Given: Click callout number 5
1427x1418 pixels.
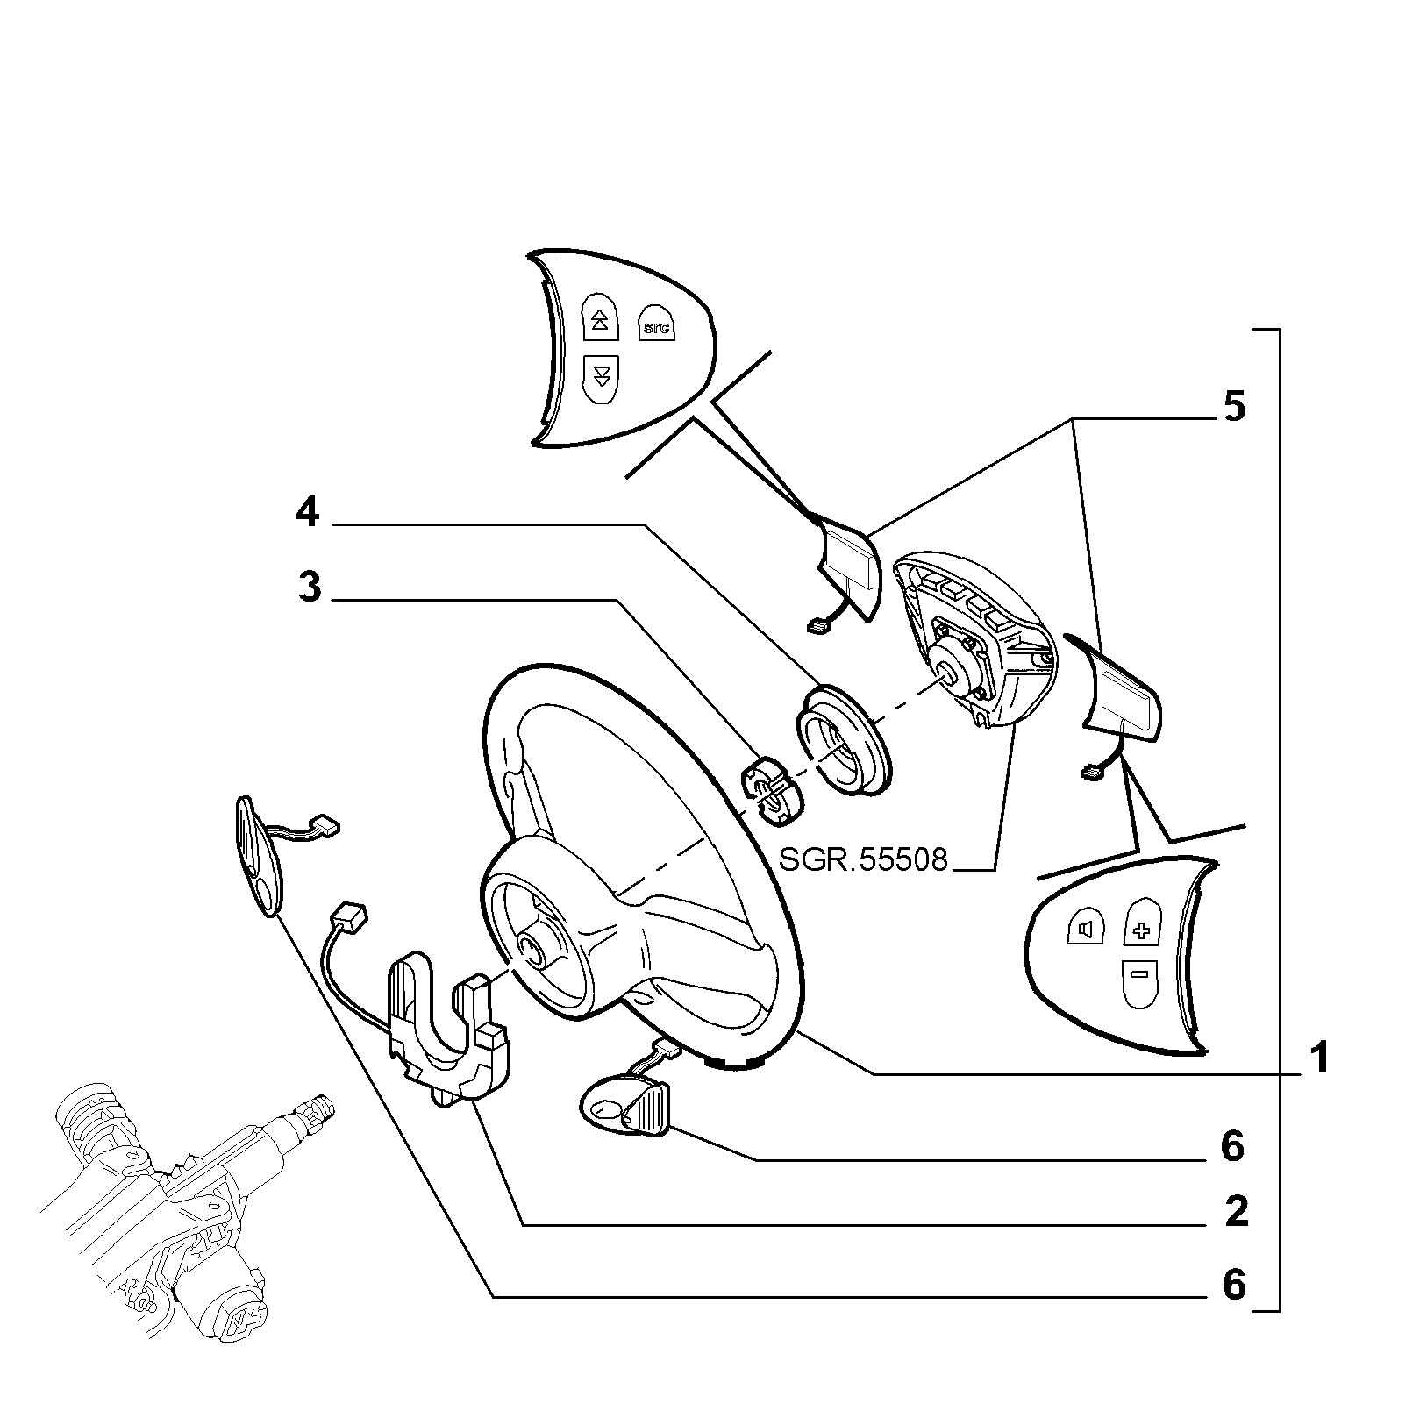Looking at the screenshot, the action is tap(1234, 408).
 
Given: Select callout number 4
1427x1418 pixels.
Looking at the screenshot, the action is tap(307, 512).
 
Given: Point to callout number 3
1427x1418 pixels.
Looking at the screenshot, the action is tap(310, 587).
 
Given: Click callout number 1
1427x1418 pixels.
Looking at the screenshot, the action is tap(1320, 1059).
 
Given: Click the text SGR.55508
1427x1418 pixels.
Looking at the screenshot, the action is tap(863, 859).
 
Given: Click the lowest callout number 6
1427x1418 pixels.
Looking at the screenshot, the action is tap(1234, 1286).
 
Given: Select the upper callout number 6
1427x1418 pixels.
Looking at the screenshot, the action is tap(1233, 1146).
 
